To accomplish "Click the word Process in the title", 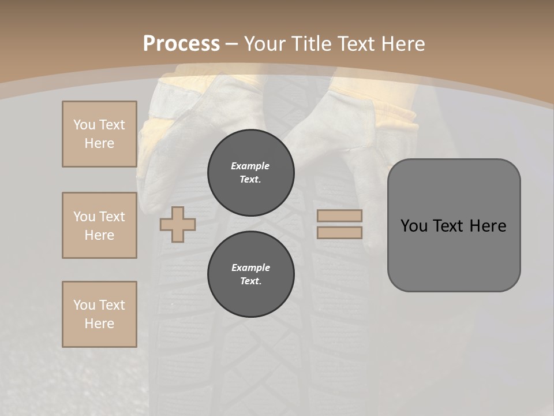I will coord(181,44).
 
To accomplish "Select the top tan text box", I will coord(99,134).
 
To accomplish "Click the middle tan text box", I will coord(99,225).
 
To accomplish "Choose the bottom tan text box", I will coord(99,314).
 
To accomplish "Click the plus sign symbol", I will coord(178,224).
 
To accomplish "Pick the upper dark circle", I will coord(250,172).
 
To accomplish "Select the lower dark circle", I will coord(250,274).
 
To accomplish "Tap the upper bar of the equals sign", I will coord(340,216).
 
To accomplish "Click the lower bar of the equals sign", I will coord(340,232).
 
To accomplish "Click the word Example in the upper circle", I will coord(250,166).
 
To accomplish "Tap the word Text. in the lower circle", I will coord(250,281).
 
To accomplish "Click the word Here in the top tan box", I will coord(99,143).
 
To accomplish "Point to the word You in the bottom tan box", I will coord(84,305).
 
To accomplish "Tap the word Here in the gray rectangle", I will coord(488,226).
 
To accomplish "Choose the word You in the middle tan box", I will coord(84,217).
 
